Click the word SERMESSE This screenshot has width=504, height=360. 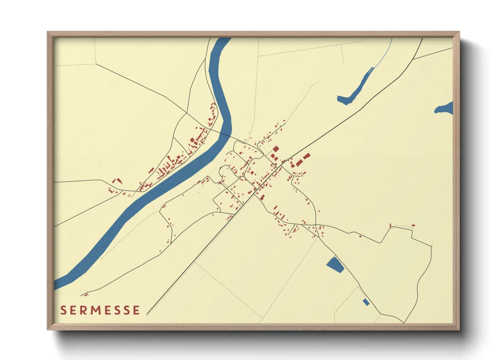[x=100, y=310]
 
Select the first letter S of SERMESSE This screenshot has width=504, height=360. [x=63, y=310]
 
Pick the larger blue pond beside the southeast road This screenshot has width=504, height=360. [x=335, y=264]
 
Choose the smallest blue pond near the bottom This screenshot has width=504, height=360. [x=366, y=302]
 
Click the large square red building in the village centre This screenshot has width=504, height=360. [x=275, y=149]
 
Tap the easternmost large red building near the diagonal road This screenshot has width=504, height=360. [x=306, y=156]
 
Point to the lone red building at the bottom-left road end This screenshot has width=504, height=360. [x=86, y=294]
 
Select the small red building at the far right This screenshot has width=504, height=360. [x=413, y=225]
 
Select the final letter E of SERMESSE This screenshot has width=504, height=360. [x=136, y=310]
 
